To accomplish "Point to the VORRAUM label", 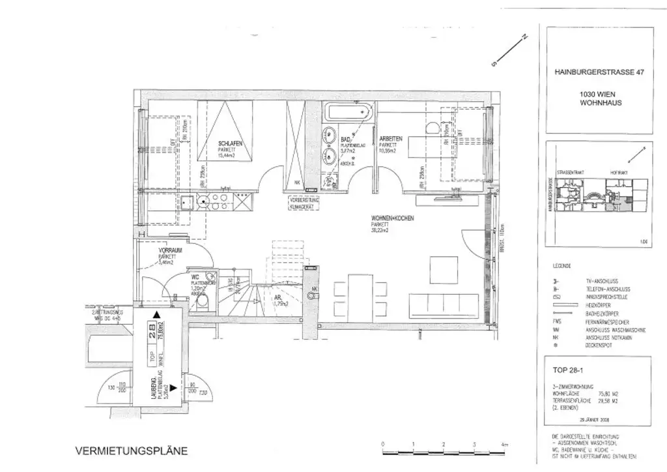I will point(169,250).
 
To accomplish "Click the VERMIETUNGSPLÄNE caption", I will point(132,450).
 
